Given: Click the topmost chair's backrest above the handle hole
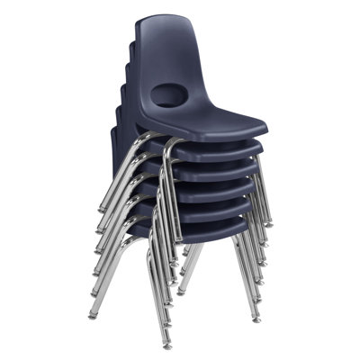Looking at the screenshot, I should point(169,54).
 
